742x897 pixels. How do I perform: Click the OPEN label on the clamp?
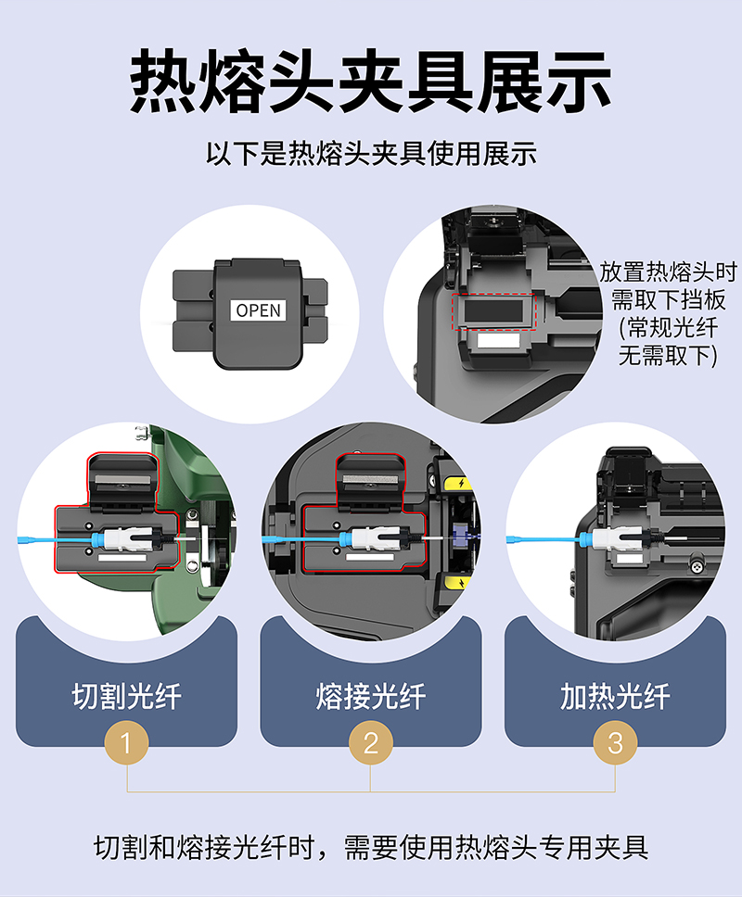[x=258, y=310]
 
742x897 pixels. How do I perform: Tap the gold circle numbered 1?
[x=126, y=742]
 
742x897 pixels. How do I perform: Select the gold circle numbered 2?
[x=370, y=742]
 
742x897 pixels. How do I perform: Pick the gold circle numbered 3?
[x=615, y=742]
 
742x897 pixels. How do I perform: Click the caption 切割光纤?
[x=126, y=696]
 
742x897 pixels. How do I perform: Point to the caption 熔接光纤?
[x=371, y=696]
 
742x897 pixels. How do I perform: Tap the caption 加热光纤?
[x=616, y=696]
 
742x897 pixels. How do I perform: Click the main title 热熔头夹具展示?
[x=371, y=81]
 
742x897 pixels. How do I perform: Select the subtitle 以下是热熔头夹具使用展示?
[x=371, y=153]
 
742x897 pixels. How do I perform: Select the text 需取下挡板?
[x=668, y=299]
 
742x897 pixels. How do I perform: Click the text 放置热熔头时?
[x=668, y=272]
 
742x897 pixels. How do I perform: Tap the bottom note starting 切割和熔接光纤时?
[x=371, y=847]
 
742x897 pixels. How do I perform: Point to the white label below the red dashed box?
[x=498, y=341]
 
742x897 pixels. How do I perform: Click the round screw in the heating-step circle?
[x=697, y=567]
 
